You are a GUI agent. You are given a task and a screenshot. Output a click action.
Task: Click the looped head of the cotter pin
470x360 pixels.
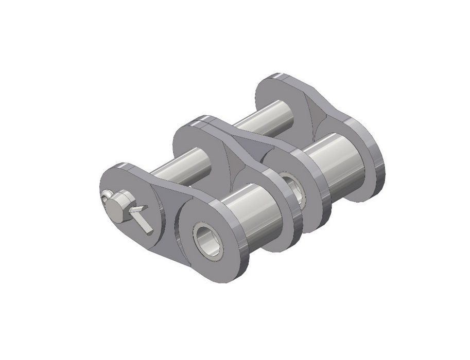(x=106, y=195)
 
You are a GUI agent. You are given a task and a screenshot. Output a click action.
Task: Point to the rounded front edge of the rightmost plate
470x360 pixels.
(x=378, y=165)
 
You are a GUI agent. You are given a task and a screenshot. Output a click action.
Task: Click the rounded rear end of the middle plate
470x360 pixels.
(x=193, y=126)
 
